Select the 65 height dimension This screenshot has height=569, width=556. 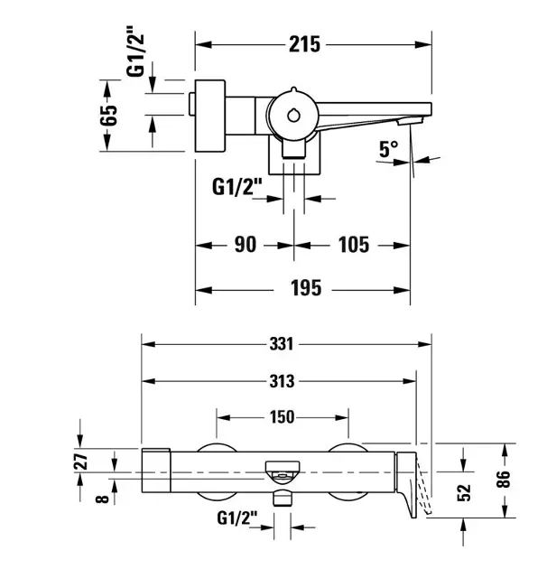tap(110, 115)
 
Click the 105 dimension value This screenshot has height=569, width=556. tap(352, 244)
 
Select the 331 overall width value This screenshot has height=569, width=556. tap(283, 344)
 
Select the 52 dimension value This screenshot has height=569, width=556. tap(464, 493)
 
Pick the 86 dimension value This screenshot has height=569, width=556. tap(505, 480)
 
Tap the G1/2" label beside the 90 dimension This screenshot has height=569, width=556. tap(237, 187)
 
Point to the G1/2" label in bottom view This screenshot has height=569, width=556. tap(238, 518)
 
